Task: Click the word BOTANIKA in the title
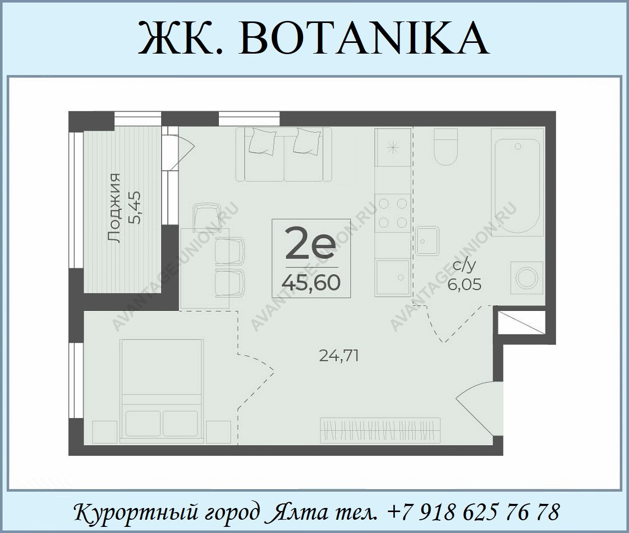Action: [364, 38]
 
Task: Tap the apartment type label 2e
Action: [310, 243]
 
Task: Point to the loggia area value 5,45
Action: [135, 207]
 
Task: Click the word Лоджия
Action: [114, 208]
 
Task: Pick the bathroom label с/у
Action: [464, 266]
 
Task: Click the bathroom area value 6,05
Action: [464, 285]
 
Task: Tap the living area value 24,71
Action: [339, 355]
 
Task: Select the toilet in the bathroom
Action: [445, 147]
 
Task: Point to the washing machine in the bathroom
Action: [527, 277]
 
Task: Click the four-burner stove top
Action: [393, 213]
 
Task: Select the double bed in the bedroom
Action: [162, 392]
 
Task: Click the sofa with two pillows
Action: [284, 154]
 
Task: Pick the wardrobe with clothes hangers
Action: [381, 431]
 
